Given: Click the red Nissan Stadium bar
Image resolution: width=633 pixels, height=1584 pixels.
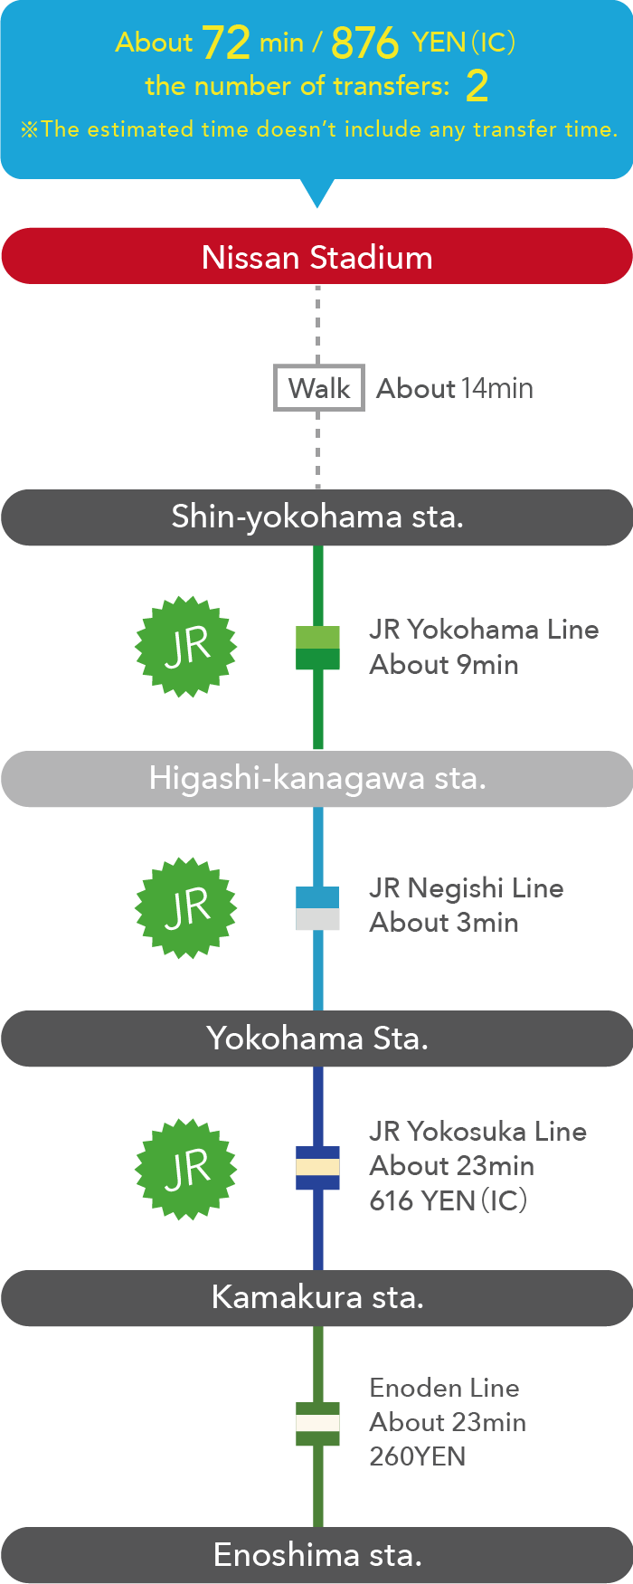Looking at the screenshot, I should click(x=316, y=257).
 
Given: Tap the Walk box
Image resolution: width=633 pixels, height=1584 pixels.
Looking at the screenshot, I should click(x=319, y=388).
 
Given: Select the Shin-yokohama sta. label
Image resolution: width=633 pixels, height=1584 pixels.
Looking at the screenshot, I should click(x=316, y=517).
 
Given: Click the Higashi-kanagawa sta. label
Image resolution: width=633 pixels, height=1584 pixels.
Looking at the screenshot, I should click(x=316, y=778).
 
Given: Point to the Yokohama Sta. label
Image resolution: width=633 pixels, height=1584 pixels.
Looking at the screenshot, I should click(x=316, y=1038).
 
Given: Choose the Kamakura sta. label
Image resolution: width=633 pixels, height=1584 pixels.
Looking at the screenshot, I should click(x=316, y=1297).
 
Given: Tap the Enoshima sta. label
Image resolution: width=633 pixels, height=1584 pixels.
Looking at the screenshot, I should click(x=316, y=1555).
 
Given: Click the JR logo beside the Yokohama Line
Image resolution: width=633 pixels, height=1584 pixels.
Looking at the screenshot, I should click(x=186, y=646).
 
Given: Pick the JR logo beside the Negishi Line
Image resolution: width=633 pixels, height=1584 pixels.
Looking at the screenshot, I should click(x=186, y=907).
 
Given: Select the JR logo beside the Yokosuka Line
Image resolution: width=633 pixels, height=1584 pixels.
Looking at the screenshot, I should click(x=186, y=1169).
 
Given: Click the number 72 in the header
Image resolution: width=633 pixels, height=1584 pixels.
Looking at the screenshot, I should click(x=225, y=43).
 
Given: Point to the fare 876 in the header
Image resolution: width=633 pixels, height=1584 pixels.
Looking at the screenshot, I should click(x=364, y=43).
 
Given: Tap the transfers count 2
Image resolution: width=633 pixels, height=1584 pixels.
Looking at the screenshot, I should click(x=477, y=87).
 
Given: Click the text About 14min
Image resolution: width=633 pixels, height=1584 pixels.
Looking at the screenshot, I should click(x=454, y=388).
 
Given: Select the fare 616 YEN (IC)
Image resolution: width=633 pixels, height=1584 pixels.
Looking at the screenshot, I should click(x=448, y=1200).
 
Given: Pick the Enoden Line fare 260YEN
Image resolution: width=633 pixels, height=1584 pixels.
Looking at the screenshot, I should click(x=417, y=1456).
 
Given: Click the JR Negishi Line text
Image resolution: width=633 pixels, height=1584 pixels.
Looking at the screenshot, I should click(x=466, y=888).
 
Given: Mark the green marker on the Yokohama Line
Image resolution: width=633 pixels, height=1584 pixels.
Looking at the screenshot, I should click(x=318, y=648).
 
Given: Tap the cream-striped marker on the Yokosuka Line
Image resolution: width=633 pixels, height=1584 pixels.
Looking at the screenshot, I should click(x=318, y=1168).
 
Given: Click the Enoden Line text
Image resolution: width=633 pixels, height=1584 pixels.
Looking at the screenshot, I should click(x=444, y=1388).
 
